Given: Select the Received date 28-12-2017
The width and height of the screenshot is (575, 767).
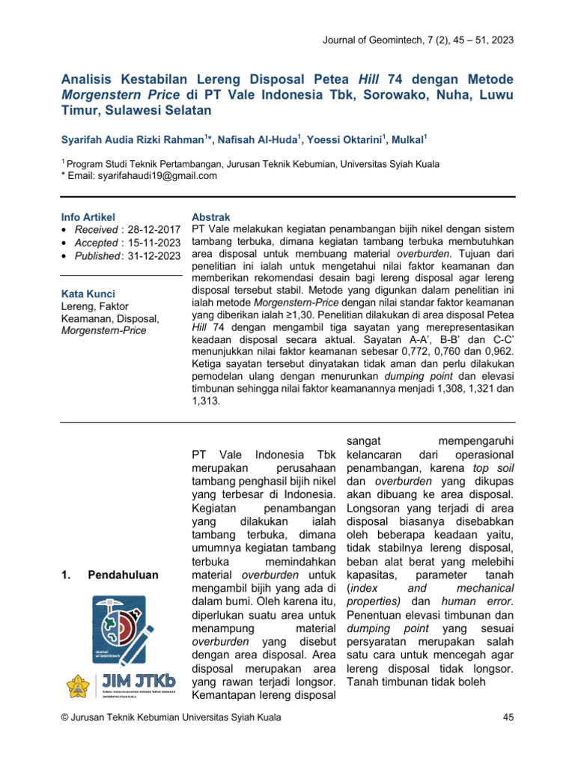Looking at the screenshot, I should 154,228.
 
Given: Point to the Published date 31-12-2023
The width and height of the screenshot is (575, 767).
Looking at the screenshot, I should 155,256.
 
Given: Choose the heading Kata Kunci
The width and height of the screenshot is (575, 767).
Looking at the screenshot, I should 87,294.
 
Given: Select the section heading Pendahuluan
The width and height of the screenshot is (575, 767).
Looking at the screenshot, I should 123,575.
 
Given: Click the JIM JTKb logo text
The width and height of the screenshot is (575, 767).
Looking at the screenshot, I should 139,682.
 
